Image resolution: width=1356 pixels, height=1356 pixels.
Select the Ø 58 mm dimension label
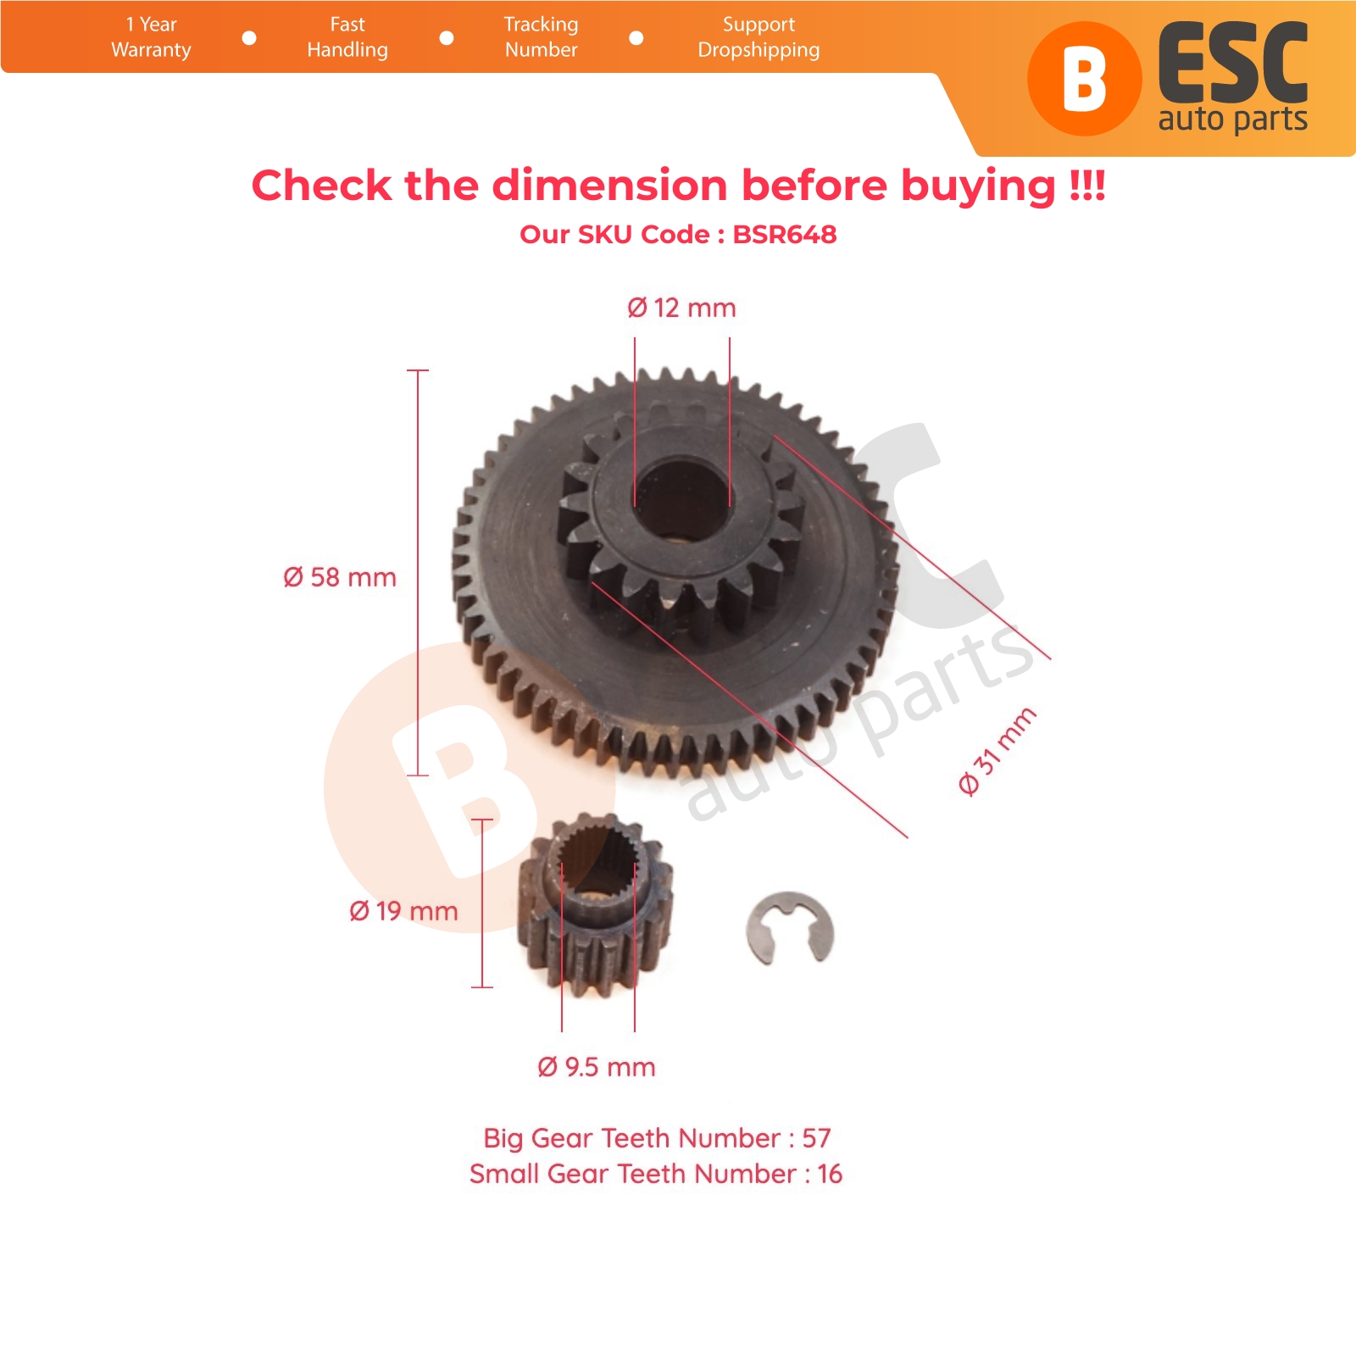[340, 577]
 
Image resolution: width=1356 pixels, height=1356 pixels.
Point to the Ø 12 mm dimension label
[681, 308]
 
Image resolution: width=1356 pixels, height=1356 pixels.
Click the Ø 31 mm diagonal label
[998, 751]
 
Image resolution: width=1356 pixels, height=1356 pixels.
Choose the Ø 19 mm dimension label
[403, 911]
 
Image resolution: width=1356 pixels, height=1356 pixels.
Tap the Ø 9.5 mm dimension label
[597, 1067]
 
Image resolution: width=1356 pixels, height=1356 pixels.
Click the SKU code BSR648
[785, 235]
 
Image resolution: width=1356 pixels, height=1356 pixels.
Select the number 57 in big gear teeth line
[816, 1137]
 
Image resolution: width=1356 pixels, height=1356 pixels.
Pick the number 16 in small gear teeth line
[830, 1174]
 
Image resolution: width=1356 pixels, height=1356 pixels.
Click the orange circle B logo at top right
[1084, 79]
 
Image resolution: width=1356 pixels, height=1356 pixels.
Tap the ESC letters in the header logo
[1233, 64]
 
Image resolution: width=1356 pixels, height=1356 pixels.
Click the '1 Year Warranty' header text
[152, 37]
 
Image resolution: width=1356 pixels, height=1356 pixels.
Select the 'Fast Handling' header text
[347, 37]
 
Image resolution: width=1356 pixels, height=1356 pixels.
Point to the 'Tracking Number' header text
[542, 37]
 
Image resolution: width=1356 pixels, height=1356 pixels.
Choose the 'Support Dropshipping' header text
[759, 37]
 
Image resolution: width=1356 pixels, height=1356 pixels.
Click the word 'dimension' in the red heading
[609, 186]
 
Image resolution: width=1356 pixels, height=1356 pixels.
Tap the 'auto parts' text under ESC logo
[1233, 119]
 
